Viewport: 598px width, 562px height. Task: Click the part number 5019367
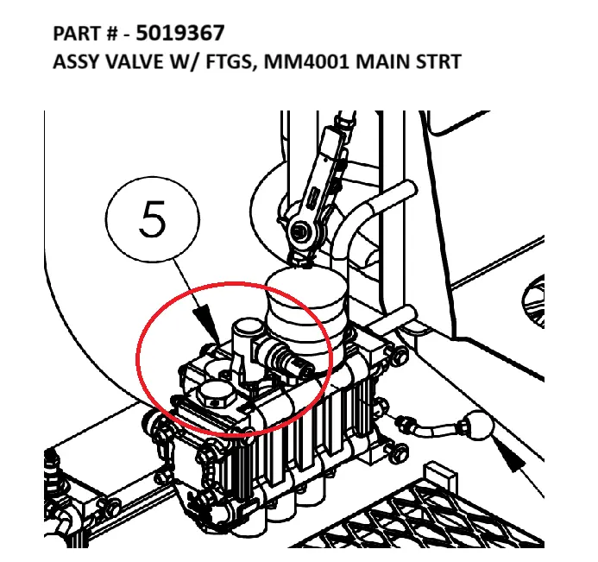coord(180,33)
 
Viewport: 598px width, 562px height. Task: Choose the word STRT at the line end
coord(438,62)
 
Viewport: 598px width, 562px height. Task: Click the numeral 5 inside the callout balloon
coord(153,219)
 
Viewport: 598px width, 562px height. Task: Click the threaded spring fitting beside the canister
coord(284,358)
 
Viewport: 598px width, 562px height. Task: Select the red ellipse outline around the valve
coord(136,358)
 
